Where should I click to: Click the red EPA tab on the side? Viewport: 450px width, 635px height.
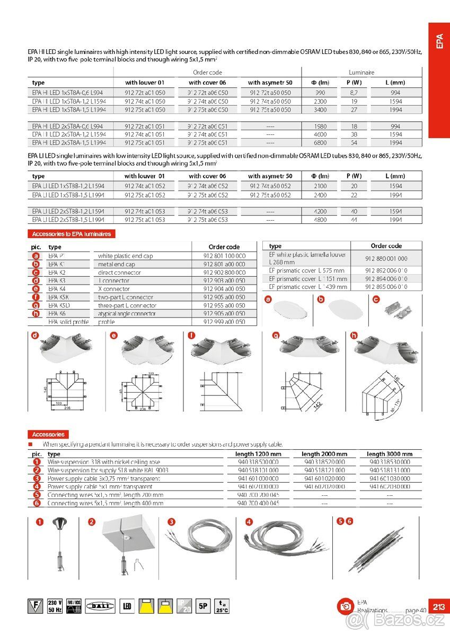(439, 79)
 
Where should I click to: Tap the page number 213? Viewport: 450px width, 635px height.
(438, 606)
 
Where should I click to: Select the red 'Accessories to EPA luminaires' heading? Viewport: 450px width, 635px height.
(72, 234)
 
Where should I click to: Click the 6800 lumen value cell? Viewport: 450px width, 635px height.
(320, 143)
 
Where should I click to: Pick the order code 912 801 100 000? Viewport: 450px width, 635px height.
(224, 256)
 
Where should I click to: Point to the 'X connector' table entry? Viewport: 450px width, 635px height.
(114, 289)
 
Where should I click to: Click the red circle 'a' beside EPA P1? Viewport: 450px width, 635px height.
(36, 256)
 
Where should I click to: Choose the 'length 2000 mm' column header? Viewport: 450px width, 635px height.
(324, 454)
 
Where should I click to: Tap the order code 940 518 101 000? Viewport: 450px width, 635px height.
(258, 470)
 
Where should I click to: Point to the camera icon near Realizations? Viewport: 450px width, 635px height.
(345, 606)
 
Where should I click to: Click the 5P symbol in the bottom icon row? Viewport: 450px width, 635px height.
(203, 606)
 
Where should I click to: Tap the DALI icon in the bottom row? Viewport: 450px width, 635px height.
(100, 606)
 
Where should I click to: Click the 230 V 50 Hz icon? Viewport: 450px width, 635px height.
(55, 606)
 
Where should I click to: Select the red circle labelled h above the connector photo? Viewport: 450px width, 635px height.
(354, 335)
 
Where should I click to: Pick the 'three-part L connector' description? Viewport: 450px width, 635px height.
(127, 305)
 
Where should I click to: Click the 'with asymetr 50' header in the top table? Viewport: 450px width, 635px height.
(270, 83)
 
